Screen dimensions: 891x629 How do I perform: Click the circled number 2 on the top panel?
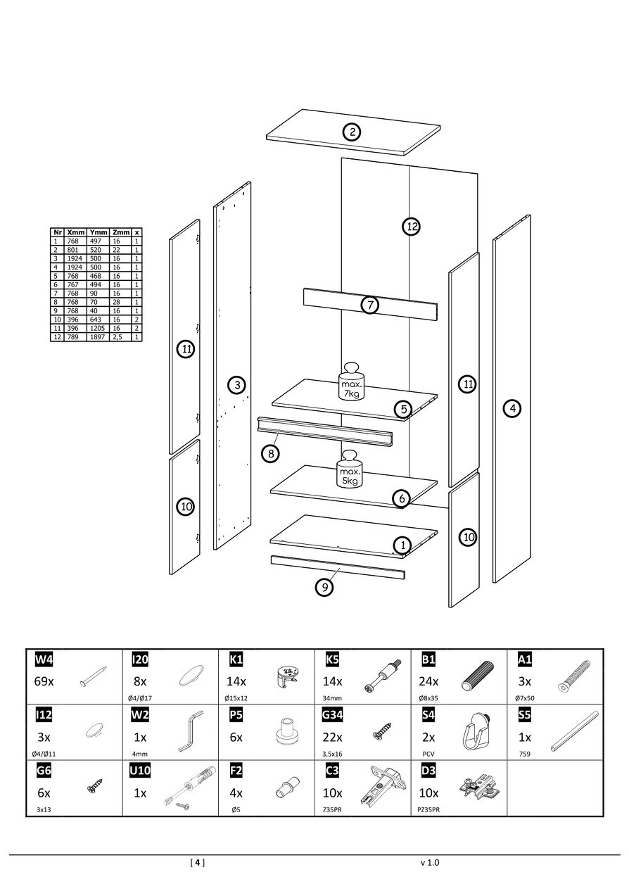pos(352,132)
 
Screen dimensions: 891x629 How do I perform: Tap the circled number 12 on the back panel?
pos(412,226)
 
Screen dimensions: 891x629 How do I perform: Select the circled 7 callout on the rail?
pos(370,305)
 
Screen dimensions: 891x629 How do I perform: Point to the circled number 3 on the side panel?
pos(237,384)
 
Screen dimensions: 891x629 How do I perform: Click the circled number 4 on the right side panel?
pos(513,407)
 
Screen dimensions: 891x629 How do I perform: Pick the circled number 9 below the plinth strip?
pos(324,586)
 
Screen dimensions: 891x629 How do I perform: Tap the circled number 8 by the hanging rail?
pos(271,453)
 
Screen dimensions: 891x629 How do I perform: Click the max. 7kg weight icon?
pos(352,382)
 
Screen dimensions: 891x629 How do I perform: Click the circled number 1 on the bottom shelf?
pos(402,545)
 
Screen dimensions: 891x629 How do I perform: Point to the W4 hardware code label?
pos(44,659)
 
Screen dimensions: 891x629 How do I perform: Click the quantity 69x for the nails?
pos(45,681)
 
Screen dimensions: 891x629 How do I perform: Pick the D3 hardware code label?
pos(428,771)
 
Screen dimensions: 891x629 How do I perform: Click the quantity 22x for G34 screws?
pos(332,737)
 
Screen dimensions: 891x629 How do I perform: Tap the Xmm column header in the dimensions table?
pos(76,232)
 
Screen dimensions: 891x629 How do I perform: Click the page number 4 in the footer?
pos(198,862)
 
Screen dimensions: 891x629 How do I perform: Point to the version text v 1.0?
pos(429,862)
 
